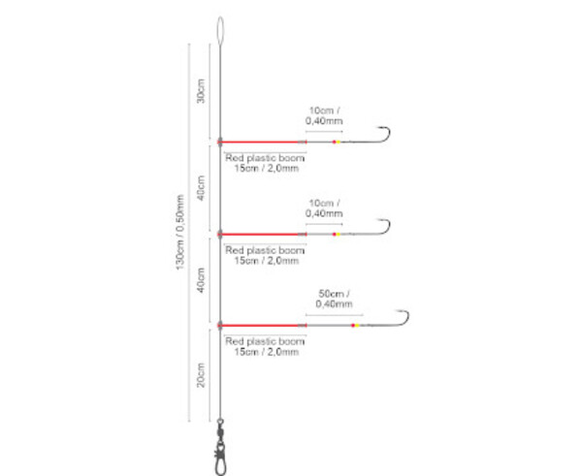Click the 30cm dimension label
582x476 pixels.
point(201,93)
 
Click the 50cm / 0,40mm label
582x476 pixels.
point(334,299)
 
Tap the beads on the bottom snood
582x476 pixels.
point(354,326)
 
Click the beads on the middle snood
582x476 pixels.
point(335,233)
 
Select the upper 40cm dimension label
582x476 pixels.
point(201,187)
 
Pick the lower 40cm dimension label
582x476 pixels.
point(201,279)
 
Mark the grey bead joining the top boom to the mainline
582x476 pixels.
point(222,140)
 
